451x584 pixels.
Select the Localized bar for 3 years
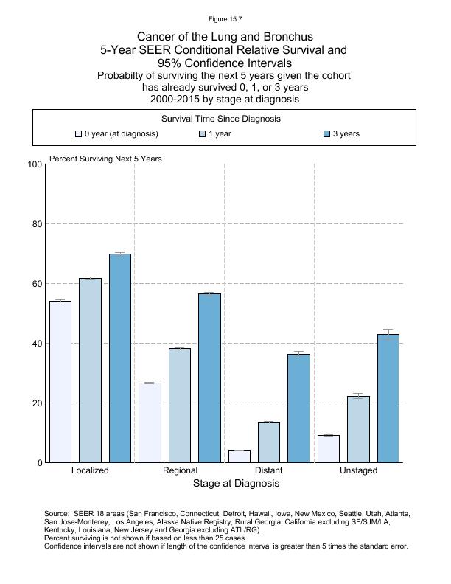click(120, 358)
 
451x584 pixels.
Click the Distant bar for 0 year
click(240, 456)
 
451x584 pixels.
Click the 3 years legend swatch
click(327, 134)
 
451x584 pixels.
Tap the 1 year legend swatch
click(203, 134)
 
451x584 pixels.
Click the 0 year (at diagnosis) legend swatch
click(78, 134)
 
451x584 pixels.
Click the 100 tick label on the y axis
click(35, 164)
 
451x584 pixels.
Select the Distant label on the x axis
click(268, 470)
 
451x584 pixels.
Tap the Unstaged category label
click(358, 470)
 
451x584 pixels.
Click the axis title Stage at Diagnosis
click(236, 484)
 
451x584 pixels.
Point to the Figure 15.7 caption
click(225, 18)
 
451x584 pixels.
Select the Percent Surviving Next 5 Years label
click(105, 159)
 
